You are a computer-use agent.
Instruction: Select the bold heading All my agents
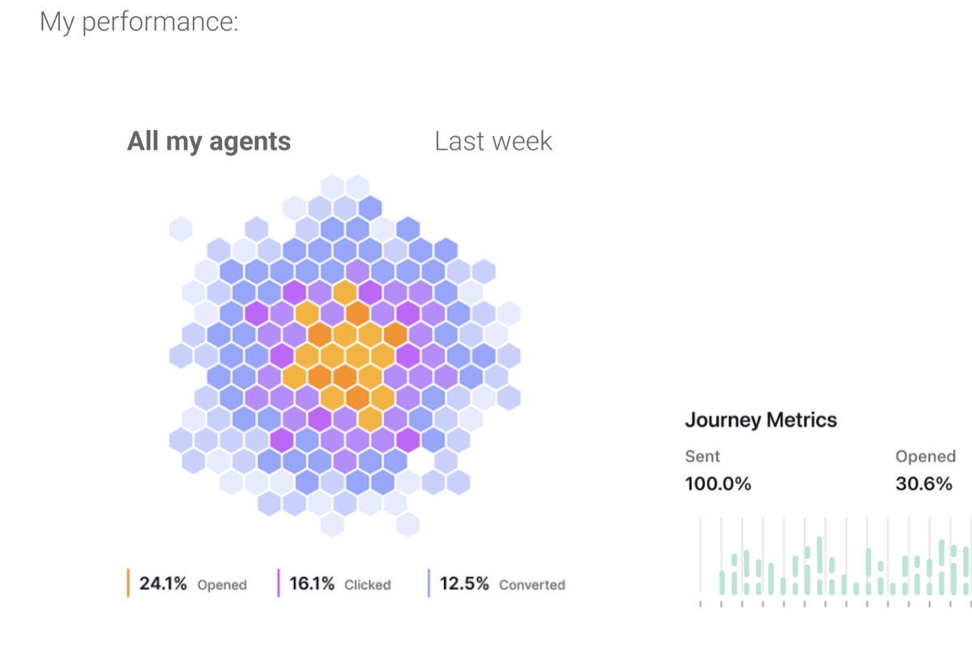coord(209,141)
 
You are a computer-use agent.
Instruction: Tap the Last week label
coord(493,141)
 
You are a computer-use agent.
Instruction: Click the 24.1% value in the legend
coord(163,583)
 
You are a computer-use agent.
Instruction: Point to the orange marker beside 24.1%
coord(129,583)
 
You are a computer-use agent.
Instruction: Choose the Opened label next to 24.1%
coord(222,585)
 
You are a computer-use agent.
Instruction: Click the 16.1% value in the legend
coord(312,583)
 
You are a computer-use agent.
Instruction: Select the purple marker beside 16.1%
coord(279,583)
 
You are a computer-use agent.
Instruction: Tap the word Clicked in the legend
coord(367,585)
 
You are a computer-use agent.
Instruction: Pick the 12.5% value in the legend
coord(464,583)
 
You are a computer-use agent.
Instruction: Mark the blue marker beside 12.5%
coord(428,583)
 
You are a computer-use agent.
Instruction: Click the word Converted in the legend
coord(531,585)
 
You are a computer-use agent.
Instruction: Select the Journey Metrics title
coord(761,420)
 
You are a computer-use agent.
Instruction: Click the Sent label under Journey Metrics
coord(702,456)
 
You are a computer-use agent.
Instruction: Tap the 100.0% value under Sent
coord(718,484)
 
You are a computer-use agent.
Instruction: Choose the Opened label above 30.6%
coord(925,456)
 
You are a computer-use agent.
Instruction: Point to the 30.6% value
coord(923,484)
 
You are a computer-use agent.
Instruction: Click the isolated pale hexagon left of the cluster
coord(181,229)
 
